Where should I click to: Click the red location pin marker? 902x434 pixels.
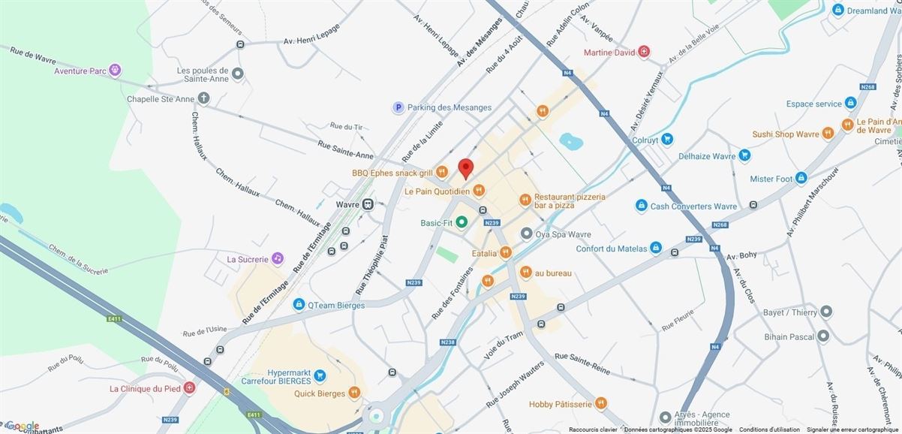[466, 167]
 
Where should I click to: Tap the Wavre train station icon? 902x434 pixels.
[368, 204]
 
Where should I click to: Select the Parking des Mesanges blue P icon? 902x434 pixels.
[398, 107]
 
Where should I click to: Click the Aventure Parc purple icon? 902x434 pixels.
[115, 70]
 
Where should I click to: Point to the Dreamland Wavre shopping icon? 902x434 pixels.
[838, 10]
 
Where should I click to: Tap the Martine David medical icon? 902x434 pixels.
[644, 52]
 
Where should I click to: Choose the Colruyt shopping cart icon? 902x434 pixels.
[667, 139]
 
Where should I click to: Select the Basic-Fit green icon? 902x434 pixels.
[462, 222]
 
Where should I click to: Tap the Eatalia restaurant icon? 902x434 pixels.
[506, 253]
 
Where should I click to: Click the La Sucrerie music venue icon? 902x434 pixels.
[278, 258]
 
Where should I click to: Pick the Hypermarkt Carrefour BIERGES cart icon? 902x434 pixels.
[320, 375]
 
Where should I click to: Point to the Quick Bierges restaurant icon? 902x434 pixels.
[354, 393]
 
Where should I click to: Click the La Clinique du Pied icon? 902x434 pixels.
[189, 388]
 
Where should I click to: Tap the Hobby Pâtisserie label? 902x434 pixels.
[561, 404]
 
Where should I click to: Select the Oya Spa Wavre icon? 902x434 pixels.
[527, 234]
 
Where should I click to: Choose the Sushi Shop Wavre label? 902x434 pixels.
[785, 134]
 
